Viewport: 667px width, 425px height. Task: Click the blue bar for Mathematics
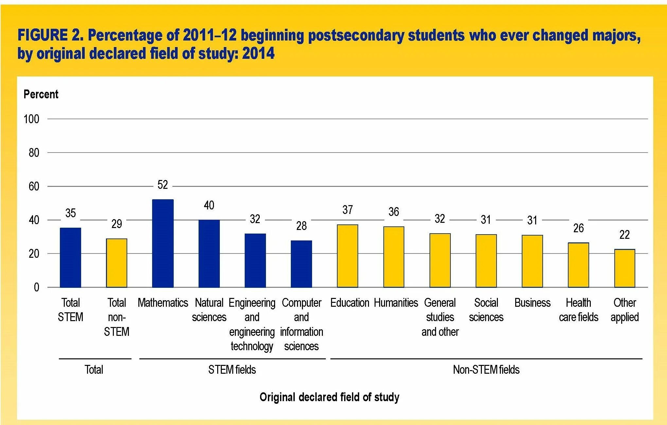pos(163,243)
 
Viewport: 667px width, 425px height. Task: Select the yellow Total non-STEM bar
pos(116,263)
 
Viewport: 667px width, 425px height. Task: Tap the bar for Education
pos(347,256)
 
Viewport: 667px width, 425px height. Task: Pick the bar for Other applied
pos(624,268)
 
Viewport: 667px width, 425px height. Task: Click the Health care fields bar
pos(578,265)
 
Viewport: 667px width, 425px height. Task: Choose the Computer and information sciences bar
pos(301,264)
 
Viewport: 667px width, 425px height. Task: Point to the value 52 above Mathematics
pos(163,185)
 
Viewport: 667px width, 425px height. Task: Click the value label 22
pos(624,235)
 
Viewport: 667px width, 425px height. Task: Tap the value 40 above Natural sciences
pos(209,205)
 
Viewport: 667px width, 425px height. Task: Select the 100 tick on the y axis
pos(31,119)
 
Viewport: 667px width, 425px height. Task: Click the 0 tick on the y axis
pos(36,287)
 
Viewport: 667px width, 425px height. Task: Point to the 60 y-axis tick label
pos(34,187)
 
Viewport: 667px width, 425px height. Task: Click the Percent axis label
pos(41,94)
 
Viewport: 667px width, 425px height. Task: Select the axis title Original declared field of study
pos(329,397)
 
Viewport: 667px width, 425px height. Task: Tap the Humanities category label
pos(396,303)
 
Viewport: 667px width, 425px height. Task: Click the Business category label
pos(532,303)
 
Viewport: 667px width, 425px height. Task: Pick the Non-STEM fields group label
pos(486,370)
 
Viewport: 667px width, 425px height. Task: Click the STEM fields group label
pos(232,370)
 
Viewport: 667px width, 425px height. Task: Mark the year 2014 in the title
pos(258,54)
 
